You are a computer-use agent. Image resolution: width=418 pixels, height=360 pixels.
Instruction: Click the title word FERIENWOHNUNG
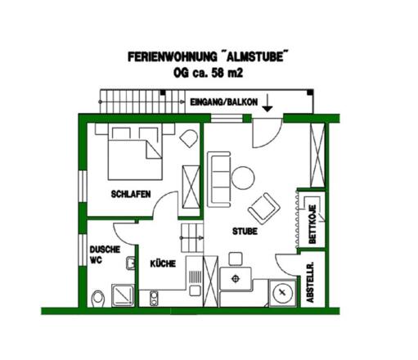click(x=173, y=57)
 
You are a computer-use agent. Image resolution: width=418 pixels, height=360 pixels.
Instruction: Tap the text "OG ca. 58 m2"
click(x=208, y=73)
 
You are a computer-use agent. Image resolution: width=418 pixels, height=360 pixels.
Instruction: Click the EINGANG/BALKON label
click(x=223, y=102)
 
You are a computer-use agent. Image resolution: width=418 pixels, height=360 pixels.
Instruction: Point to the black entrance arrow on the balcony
click(x=267, y=103)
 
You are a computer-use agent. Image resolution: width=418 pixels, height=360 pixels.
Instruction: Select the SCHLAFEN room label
click(x=131, y=194)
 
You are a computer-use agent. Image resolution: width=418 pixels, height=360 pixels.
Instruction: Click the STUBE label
click(x=245, y=232)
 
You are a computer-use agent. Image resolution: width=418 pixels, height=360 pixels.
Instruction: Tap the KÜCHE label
click(x=163, y=263)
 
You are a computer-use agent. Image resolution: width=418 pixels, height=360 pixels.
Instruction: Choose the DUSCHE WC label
click(x=105, y=254)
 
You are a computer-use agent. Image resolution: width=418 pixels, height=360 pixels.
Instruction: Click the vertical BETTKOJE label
click(x=312, y=224)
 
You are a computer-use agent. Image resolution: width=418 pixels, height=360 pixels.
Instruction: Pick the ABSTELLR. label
click(x=310, y=282)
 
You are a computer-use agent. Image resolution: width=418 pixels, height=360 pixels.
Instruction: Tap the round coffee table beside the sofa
click(x=243, y=178)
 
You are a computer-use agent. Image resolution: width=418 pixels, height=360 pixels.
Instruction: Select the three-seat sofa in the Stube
click(x=219, y=179)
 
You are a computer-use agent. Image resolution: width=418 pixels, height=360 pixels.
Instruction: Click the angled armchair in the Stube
click(x=264, y=209)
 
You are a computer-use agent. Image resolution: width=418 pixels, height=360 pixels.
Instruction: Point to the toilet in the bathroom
click(x=98, y=299)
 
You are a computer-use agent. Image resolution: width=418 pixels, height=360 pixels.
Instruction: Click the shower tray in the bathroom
click(x=123, y=295)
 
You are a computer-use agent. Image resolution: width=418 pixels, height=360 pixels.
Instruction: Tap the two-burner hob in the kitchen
click(x=154, y=298)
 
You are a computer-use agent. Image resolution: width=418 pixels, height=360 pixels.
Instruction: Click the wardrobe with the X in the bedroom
click(x=191, y=187)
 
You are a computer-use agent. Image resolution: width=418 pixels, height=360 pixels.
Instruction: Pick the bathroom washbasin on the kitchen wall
click(x=130, y=263)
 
